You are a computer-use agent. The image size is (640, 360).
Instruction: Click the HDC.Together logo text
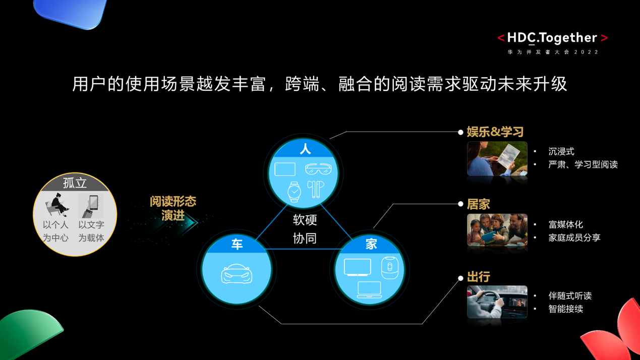click(x=552, y=38)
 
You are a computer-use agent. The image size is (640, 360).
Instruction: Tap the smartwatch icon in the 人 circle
click(x=294, y=192)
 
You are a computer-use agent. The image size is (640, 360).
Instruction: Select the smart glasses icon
click(x=318, y=168)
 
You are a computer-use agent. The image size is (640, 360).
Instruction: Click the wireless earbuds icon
click(x=316, y=189)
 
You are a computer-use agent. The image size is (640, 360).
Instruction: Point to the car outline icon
click(x=237, y=274)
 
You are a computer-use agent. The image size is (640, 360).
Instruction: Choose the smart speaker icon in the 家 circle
click(x=390, y=268)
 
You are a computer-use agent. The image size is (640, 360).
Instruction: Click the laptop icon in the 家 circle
click(x=370, y=290)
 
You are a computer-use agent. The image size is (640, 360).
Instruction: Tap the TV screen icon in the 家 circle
click(x=358, y=267)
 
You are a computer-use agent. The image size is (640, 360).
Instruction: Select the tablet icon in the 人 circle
click(x=285, y=169)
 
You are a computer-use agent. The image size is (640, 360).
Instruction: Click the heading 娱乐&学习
click(x=495, y=132)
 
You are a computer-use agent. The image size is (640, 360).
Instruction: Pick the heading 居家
click(x=478, y=204)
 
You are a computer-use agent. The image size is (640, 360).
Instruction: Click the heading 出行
click(x=478, y=277)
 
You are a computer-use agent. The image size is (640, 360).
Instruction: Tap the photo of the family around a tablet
click(x=497, y=230)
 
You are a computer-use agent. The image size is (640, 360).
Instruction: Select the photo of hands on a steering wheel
click(x=497, y=302)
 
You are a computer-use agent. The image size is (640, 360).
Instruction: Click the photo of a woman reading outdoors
click(x=497, y=158)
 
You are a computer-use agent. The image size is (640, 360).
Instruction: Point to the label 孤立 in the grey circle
click(x=75, y=183)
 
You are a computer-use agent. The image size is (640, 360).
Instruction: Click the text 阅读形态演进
click(x=173, y=208)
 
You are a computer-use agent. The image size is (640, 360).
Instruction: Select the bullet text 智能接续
click(x=566, y=309)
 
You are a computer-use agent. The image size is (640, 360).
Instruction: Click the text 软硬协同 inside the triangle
click(x=305, y=229)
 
